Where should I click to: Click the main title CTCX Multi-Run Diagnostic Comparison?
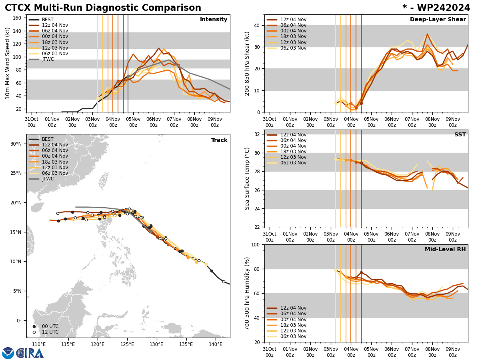pos(103,8)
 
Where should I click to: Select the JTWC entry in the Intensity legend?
pos(48,59)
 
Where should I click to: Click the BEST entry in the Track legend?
pos(48,139)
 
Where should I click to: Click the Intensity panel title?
pos(214,20)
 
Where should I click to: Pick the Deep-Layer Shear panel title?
pos(438,20)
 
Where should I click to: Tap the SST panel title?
pos(460,135)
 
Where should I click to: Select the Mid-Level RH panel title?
pos(445,250)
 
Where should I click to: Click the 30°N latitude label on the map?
pos(16,144)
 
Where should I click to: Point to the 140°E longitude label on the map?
pos(216,344)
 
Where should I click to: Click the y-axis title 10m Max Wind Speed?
pos(8,63)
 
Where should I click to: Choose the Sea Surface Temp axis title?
pos(247,178)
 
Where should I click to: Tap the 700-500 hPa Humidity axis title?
pos(247,293)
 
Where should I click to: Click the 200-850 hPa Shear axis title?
pos(247,63)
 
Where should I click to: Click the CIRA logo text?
pos(30,353)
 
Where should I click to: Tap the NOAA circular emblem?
pos(8,353)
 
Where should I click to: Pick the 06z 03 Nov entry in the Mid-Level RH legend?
pos(293,336)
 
